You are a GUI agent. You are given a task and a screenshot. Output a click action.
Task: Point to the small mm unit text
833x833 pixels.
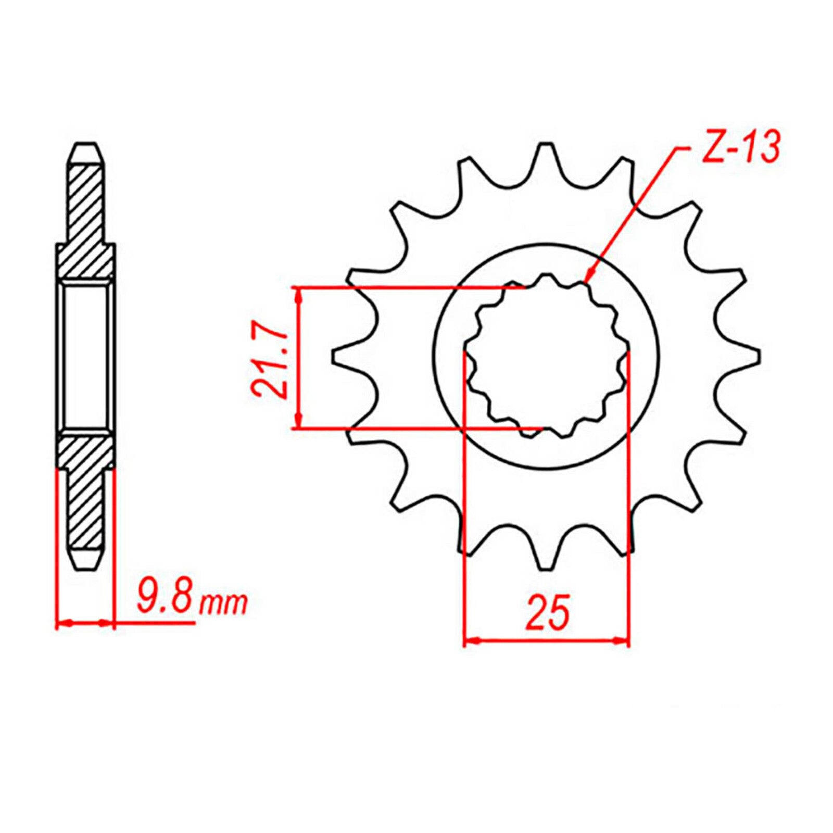[x=224, y=604]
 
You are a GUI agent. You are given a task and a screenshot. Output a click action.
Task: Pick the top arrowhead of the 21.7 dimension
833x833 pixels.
[x=298, y=295]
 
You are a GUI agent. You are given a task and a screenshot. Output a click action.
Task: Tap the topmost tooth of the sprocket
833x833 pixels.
[x=546, y=156]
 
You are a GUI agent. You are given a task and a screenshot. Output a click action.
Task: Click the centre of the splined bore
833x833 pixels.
[x=546, y=357]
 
